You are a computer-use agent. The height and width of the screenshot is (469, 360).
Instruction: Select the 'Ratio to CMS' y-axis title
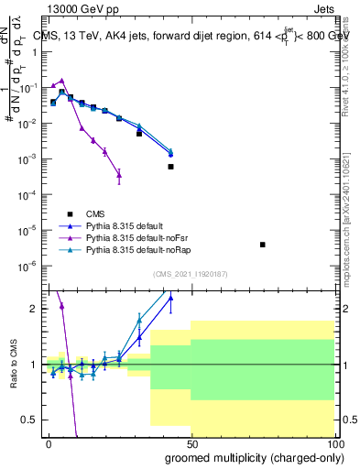[x=12, y=364]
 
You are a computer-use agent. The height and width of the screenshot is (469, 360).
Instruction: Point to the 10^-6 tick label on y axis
[x=27, y=267]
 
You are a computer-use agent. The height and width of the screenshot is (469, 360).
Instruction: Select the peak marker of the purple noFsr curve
[x=61, y=81]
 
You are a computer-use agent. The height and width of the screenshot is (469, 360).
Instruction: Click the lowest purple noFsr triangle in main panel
[x=119, y=175]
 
